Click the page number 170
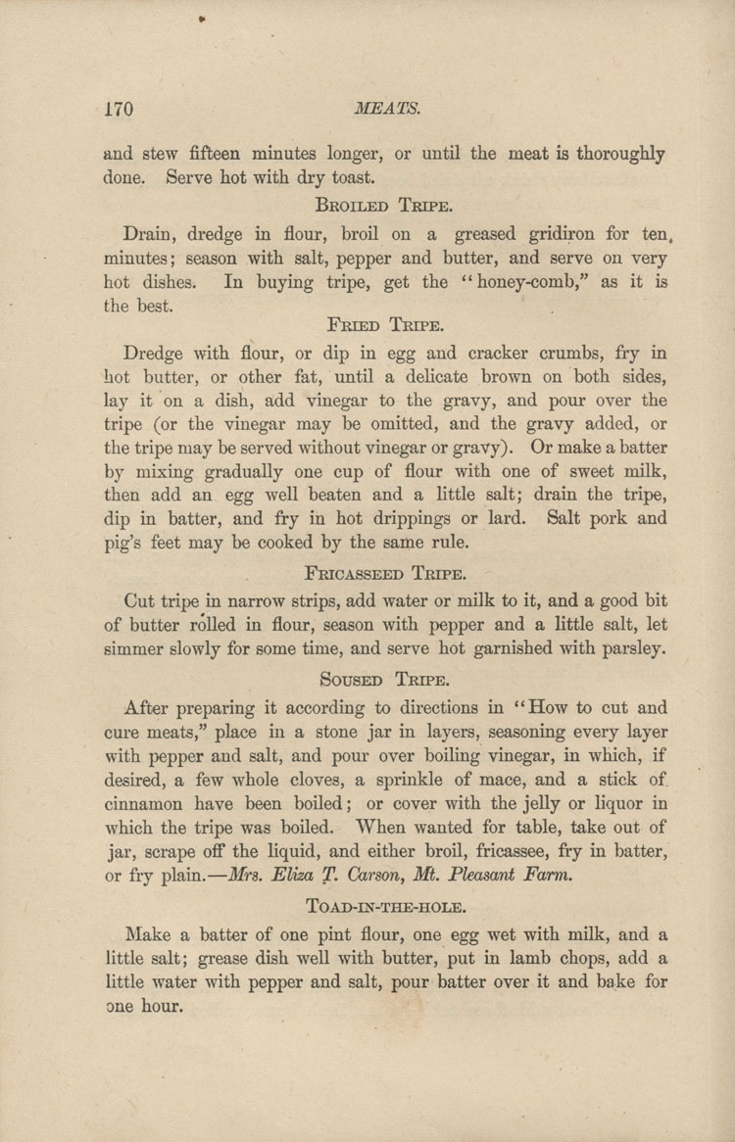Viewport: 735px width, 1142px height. coord(119,108)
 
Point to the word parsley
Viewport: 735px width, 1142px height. coord(630,647)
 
